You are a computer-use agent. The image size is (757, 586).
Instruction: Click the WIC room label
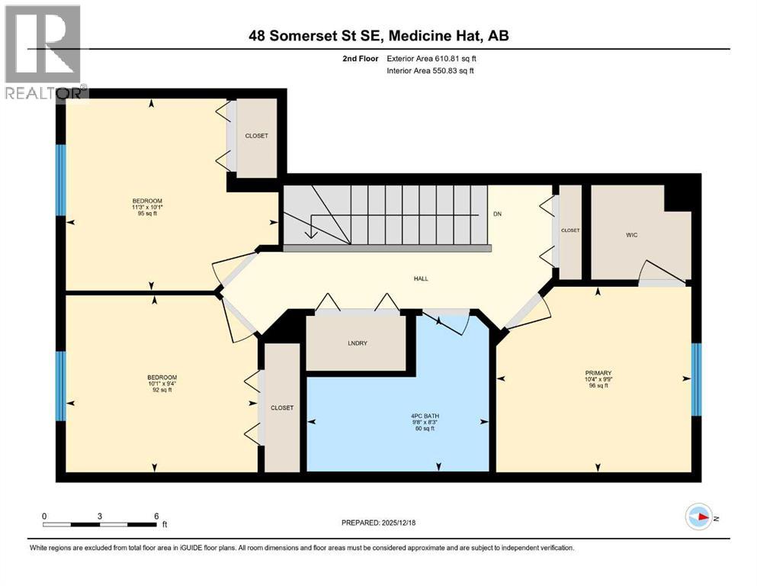[632, 236]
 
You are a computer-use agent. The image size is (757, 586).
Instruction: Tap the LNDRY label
[357, 343]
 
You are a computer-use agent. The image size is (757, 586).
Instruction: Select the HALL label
[420, 279]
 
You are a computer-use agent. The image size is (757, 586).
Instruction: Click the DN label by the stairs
[498, 214]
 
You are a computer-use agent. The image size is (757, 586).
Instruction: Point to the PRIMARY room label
[596, 372]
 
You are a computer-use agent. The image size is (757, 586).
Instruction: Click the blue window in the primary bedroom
[696, 379]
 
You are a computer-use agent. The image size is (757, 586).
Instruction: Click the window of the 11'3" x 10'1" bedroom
[62, 180]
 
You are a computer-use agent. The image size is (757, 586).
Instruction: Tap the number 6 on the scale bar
[156, 516]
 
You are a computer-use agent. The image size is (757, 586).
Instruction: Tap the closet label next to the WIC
[570, 230]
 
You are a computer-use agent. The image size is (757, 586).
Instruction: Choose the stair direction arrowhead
[310, 235]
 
